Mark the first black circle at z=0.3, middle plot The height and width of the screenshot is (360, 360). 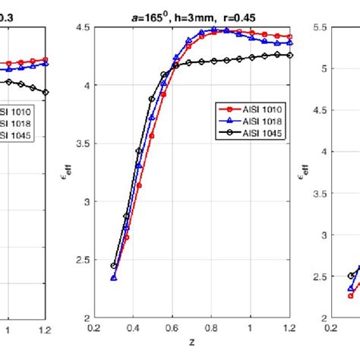click(113, 266)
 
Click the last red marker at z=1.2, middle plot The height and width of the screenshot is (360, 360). click(289, 36)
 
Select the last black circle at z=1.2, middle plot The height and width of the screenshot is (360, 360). click(289, 55)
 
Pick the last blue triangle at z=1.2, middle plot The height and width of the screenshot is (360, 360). click(289, 43)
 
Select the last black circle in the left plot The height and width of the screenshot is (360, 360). click(46, 92)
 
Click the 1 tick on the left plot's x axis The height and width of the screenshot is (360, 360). click(8, 330)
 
